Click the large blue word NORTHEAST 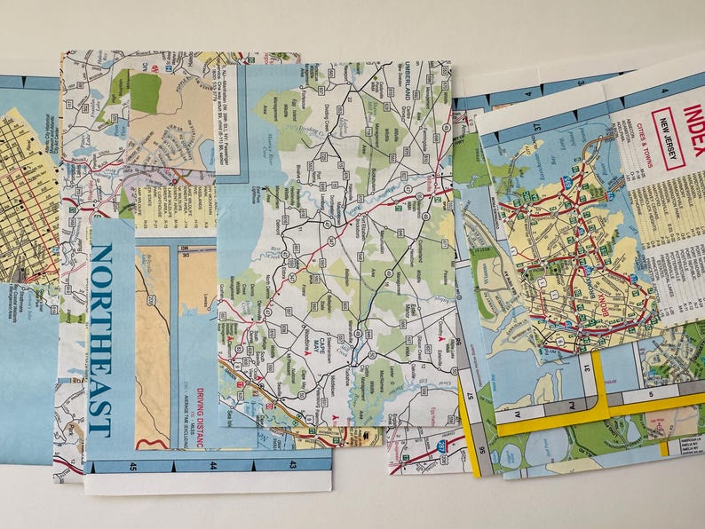(x=100, y=340)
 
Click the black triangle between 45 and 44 (x=173, y=464)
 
